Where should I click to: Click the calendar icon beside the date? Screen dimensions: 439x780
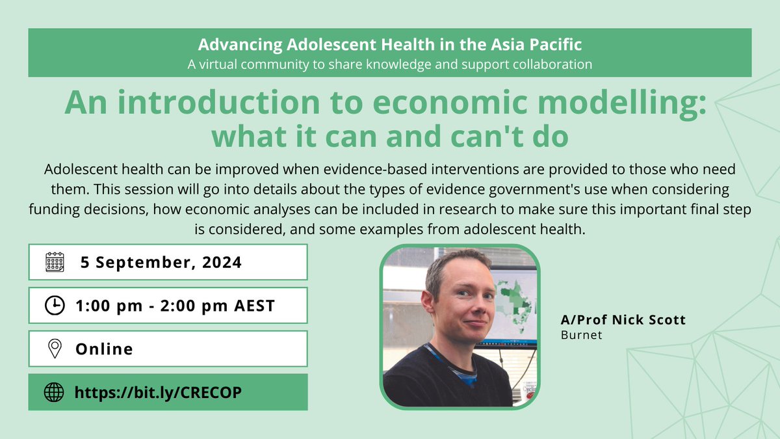click(55, 262)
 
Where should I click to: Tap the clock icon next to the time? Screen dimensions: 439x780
click(55, 306)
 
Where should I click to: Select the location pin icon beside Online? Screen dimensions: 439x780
click(55, 349)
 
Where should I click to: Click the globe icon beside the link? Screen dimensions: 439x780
click(55, 392)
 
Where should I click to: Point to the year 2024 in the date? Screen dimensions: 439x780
click(220, 263)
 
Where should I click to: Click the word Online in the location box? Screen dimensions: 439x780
click(104, 349)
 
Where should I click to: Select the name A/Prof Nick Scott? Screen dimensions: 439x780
click(614, 320)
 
